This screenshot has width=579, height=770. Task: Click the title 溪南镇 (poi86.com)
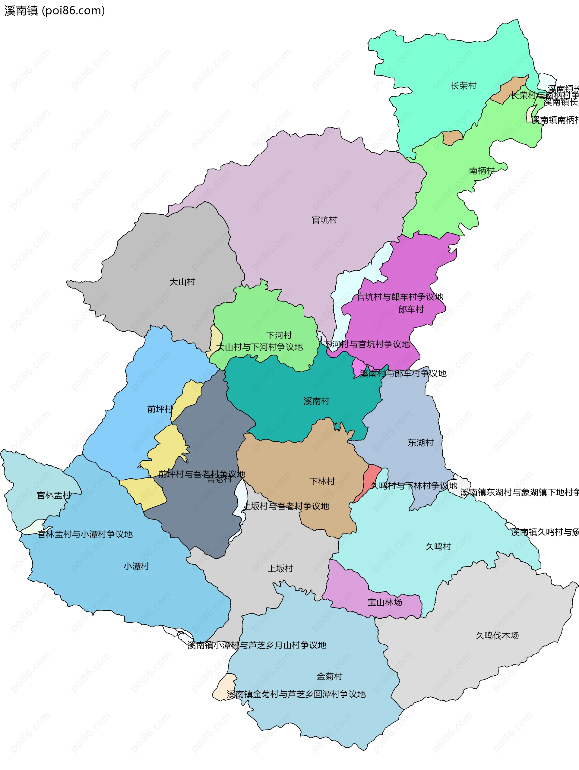55,11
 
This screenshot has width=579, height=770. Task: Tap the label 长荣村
463,86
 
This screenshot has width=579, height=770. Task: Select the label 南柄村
482,171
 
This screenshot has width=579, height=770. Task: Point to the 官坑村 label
324,220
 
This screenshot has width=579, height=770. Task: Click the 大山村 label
182,282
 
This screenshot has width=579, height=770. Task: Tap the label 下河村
279,335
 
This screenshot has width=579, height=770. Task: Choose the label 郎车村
411,309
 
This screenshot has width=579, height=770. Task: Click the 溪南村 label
316,401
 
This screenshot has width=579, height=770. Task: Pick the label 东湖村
421,443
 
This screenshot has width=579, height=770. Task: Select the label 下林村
322,481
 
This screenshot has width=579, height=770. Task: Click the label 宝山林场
385,602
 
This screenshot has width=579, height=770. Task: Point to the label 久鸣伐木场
497,636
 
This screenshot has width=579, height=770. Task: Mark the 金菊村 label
329,676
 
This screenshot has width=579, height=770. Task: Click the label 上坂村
280,568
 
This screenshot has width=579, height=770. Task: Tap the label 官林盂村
54,495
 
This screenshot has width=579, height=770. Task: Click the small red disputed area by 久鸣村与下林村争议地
370,480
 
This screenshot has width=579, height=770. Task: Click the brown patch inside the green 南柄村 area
452,137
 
